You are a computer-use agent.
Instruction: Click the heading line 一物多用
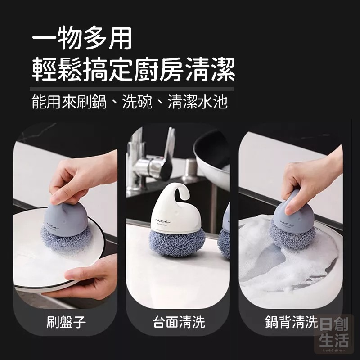(x=82, y=39)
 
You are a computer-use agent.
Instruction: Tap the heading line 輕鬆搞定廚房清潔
(x=133, y=69)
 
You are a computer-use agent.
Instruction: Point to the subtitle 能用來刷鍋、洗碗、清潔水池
(x=130, y=103)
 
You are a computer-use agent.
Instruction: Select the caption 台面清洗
(x=179, y=322)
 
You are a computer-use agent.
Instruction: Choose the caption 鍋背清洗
(x=291, y=322)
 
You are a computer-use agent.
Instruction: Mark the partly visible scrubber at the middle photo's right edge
(x=225, y=234)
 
